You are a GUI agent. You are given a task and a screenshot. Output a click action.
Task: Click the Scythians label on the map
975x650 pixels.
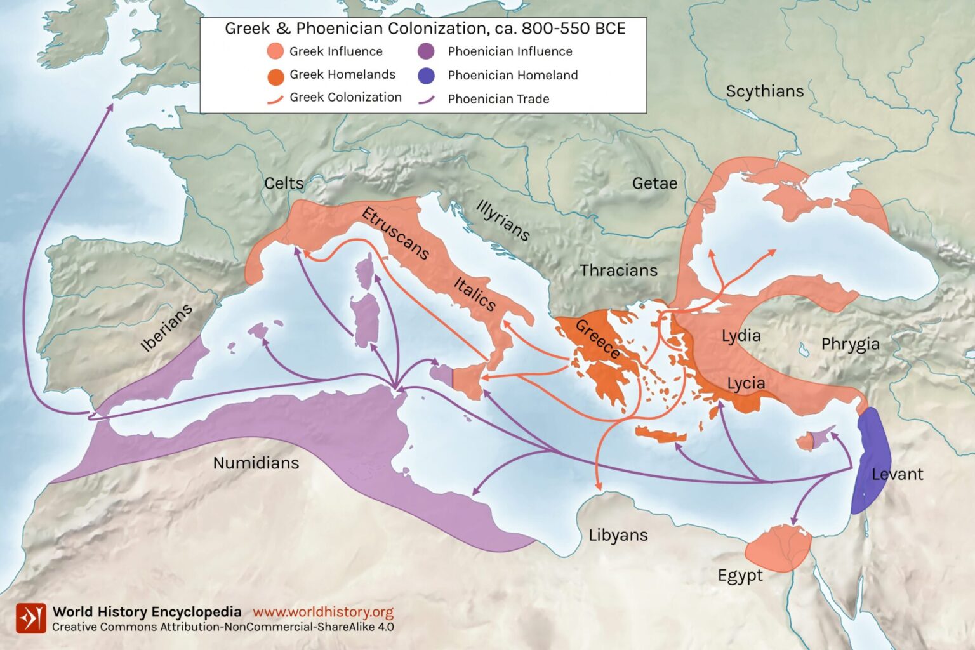coord(764,91)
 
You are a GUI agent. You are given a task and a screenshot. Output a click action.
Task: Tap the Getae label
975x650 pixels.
coord(654,183)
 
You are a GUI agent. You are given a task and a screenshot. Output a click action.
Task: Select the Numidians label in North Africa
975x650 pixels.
coord(256,463)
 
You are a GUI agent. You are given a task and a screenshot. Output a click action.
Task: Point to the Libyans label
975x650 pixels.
coord(618,535)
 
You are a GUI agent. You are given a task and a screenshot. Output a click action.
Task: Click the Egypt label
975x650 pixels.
coord(740,576)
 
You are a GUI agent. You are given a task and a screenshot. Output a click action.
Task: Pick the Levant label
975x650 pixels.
coord(897,474)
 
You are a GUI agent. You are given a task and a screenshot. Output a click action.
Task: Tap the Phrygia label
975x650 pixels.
coord(850,344)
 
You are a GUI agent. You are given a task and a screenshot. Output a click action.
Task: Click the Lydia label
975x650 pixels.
coord(741,335)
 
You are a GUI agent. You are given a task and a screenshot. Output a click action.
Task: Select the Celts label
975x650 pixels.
coord(284,183)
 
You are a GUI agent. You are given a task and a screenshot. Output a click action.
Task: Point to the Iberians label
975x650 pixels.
coord(166,328)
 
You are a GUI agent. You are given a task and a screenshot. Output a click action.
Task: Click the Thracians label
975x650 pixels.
coord(618,270)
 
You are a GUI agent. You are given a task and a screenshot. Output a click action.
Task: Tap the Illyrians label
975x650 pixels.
coord(503,221)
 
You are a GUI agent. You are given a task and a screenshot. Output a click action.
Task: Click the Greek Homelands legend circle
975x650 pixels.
coord(275,76)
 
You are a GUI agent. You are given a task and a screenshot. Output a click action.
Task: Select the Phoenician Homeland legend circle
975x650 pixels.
coord(426,76)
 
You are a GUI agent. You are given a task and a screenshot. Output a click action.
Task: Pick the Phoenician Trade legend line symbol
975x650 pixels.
coord(426,99)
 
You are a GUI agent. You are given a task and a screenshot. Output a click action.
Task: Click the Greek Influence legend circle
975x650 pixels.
coord(275,51)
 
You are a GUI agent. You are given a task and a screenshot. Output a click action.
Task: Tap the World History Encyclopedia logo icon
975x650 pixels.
coord(31,618)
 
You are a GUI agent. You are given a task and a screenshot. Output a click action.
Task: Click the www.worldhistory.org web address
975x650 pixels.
coord(323,612)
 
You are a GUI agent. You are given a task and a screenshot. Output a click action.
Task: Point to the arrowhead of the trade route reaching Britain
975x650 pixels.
coord(110,107)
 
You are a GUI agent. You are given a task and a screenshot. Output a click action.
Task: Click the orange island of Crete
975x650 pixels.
coord(661,435)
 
